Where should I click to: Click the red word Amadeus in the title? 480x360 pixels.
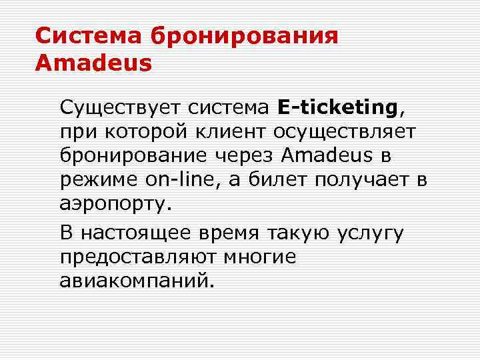(x=93, y=63)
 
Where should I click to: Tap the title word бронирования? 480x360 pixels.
(x=245, y=35)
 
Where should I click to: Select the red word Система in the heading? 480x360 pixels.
(x=89, y=35)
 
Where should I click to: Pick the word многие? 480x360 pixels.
(x=259, y=257)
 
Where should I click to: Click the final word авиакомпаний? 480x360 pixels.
(x=137, y=281)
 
